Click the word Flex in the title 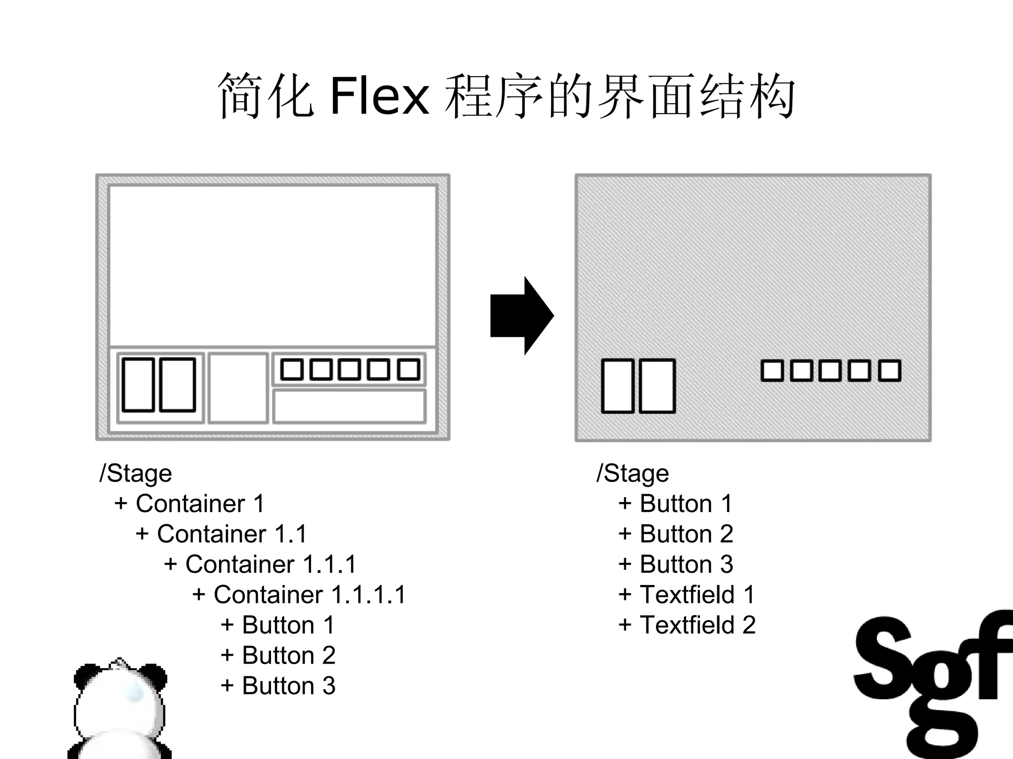(379, 96)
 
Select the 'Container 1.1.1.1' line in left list (299, 594)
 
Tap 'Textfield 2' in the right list (688, 625)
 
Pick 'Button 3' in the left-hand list (278, 686)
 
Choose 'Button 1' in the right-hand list (675, 504)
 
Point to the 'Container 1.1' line (221, 534)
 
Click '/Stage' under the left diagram (136, 473)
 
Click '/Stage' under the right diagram (633, 473)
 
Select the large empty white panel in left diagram (272, 266)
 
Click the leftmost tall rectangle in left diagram (138, 385)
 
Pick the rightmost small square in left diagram (409, 370)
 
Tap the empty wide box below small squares (349, 406)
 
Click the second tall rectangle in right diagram (657, 386)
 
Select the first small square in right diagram (772, 371)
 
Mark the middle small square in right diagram (830, 371)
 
